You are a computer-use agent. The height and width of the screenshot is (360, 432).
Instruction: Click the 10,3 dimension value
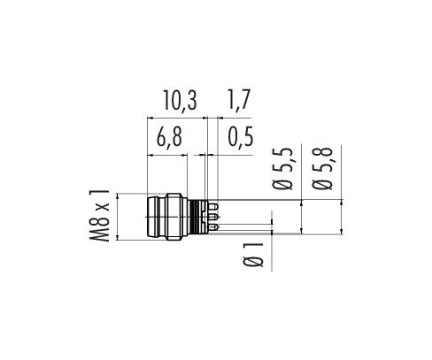click(x=180, y=101)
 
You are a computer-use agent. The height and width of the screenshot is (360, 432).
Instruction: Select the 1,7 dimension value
click(x=238, y=101)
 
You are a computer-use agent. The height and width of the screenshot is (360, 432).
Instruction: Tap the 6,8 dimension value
click(x=169, y=137)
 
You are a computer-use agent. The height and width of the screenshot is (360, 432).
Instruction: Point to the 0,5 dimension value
click(x=241, y=136)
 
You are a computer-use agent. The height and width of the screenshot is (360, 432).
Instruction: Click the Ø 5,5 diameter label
click(x=282, y=168)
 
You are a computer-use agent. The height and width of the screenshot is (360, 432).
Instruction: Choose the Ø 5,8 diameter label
click(x=322, y=168)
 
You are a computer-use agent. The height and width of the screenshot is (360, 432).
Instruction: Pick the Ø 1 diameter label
click(x=253, y=255)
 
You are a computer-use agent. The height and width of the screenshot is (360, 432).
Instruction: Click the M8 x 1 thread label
click(x=99, y=216)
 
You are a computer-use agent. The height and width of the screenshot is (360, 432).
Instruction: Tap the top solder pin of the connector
click(x=214, y=207)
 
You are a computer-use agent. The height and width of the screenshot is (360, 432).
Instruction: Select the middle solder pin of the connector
click(x=214, y=218)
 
